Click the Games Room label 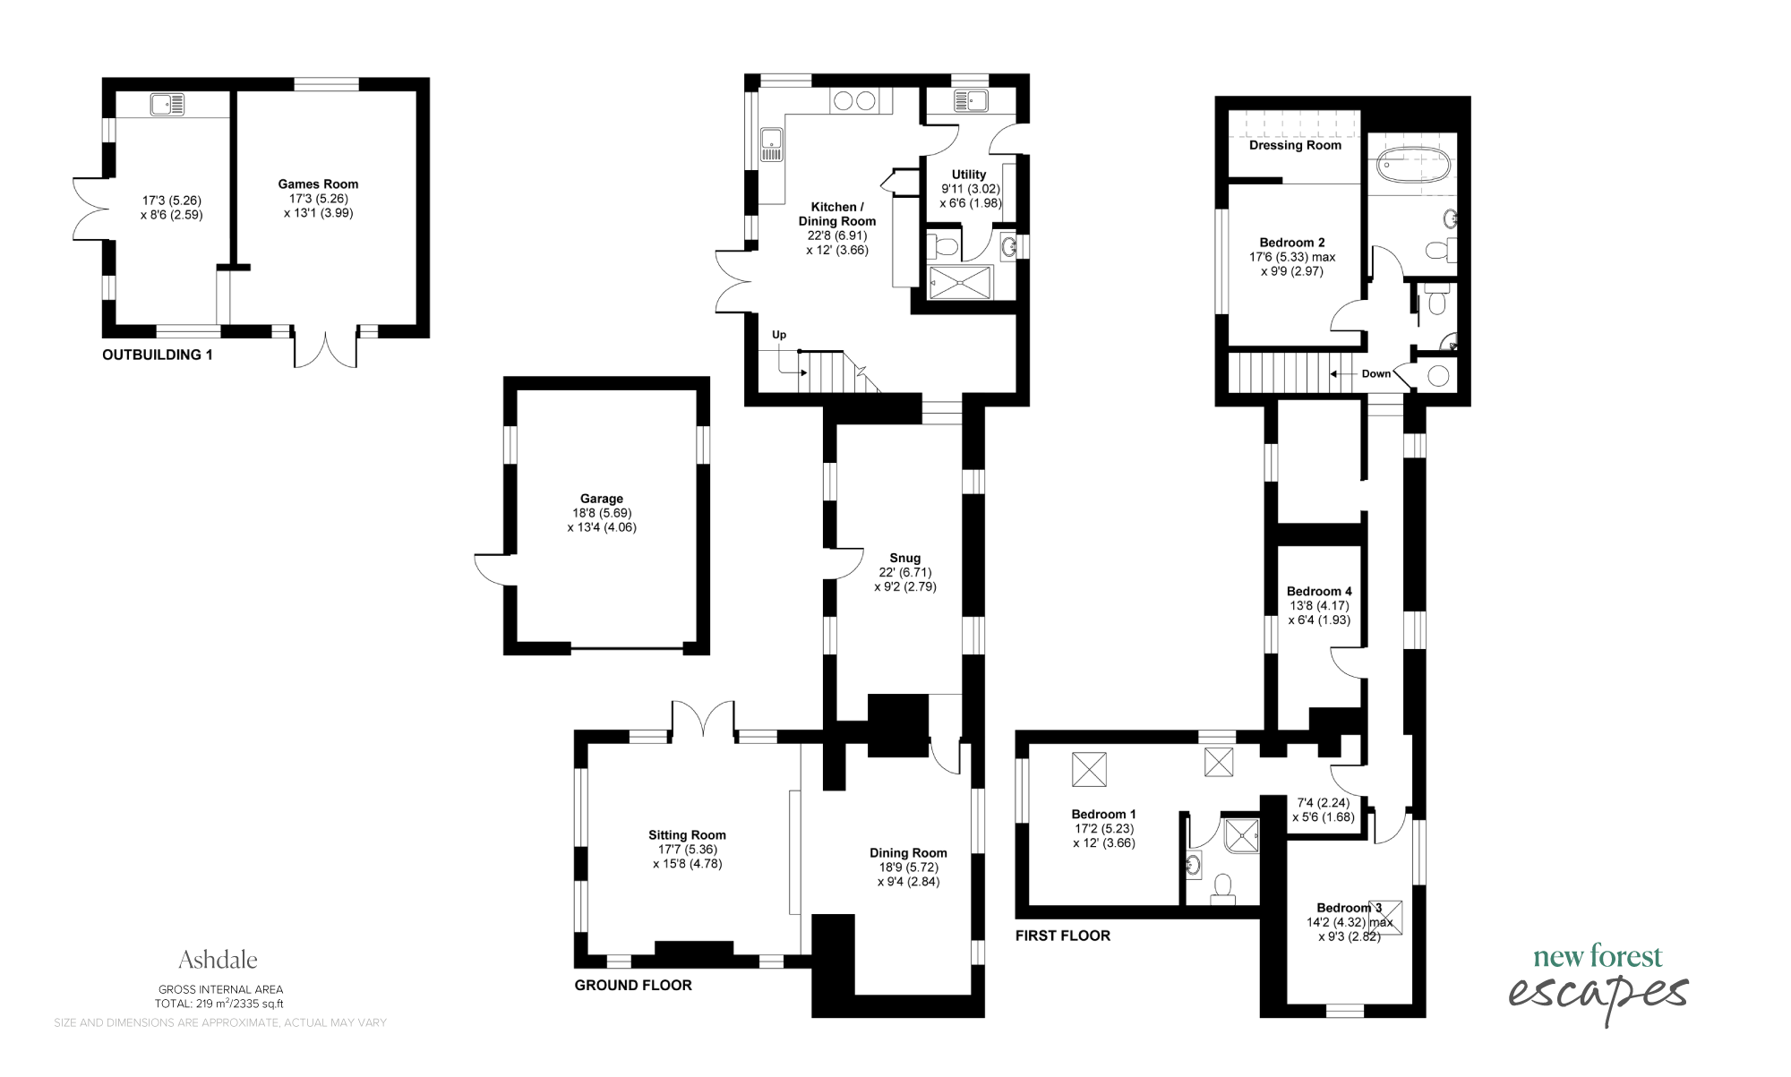click(318, 184)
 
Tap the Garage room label click(602, 499)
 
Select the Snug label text click(905, 558)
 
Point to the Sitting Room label click(688, 835)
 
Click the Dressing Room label click(1295, 145)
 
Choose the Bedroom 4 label click(1319, 591)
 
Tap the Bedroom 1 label click(1104, 814)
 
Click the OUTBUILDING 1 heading click(158, 355)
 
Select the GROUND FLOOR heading click(633, 985)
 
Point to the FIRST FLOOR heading click(1063, 936)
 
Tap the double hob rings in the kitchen click(854, 101)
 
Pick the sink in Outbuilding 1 click(167, 105)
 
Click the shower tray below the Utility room click(960, 283)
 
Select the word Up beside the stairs click(779, 335)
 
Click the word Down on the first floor click(1376, 374)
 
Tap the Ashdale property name click(218, 960)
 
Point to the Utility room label click(969, 175)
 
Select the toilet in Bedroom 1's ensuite click(1222, 885)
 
